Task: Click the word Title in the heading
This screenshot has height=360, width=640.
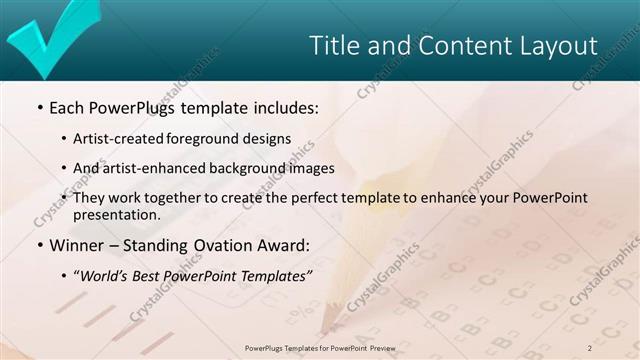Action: pyautogui.click(x=333, y=46)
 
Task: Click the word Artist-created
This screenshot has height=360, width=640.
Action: pyautogui.click(x=130, y=139)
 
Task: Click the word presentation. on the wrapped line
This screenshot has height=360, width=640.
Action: pyautogui.click(x=124, y=215)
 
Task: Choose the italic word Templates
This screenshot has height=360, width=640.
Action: pyautogui.click(x=276, y=275)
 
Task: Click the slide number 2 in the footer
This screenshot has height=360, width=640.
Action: pyautogui.click(x=590, y=347)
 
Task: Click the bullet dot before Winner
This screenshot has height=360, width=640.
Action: pyautogui.click(x=39, y=245)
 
